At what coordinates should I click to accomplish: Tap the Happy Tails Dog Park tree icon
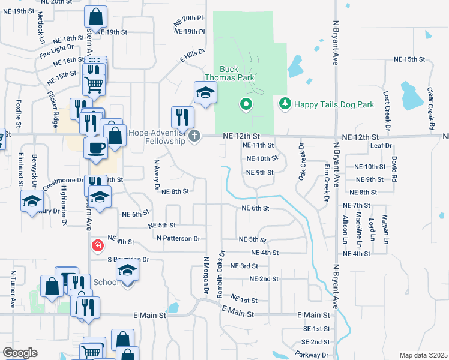click(285, 104)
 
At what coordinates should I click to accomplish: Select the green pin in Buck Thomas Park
click(245, 105)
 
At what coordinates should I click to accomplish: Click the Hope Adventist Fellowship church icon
click(194, 136)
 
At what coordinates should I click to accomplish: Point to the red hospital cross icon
click(97, 245)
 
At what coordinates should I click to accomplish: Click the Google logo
click(20, 353)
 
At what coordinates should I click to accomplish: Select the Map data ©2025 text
click(423, 355)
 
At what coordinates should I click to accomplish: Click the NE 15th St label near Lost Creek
click(409, 60)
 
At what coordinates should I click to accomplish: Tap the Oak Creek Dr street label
click(301, 161)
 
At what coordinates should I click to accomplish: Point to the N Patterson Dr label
click(178, 238)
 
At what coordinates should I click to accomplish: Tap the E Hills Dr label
click(192, 56)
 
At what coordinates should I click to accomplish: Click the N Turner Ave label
click(13, 289)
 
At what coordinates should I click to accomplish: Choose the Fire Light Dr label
click(57, 50)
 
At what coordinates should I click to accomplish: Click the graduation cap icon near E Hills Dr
click(205, 93)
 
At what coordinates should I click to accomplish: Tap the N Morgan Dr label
click(205, 275)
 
